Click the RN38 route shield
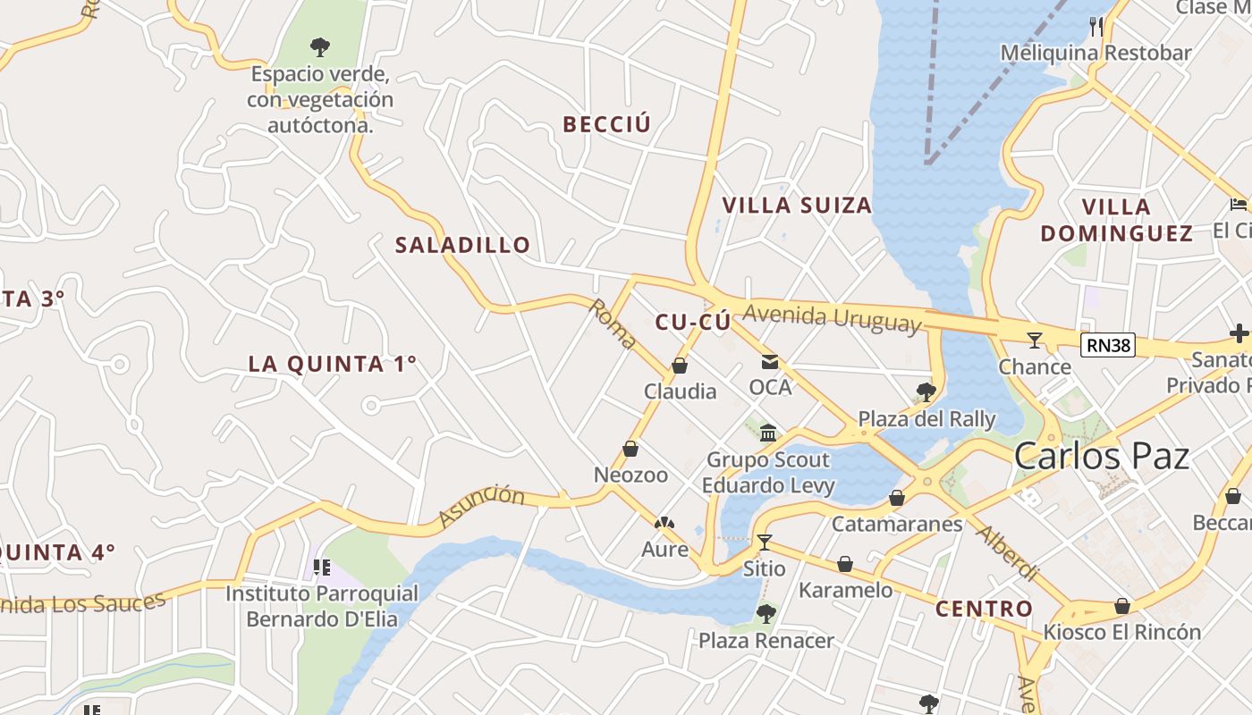1107,345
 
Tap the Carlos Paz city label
1101,457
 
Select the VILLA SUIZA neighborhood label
796,206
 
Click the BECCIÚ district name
606,124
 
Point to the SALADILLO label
462,245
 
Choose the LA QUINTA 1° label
333,364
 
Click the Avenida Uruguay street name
832,318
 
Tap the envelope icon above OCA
769,362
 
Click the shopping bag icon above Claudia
680,366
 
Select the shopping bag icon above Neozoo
630,449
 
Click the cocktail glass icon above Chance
1035,340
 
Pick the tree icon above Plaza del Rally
926,391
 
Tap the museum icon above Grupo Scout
767,433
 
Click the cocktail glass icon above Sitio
764,542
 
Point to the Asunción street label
480,506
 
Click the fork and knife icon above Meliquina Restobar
1096,26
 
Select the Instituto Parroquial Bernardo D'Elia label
321,606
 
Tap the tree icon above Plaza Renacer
765,614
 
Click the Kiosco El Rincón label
1121,632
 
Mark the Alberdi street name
1007,553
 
